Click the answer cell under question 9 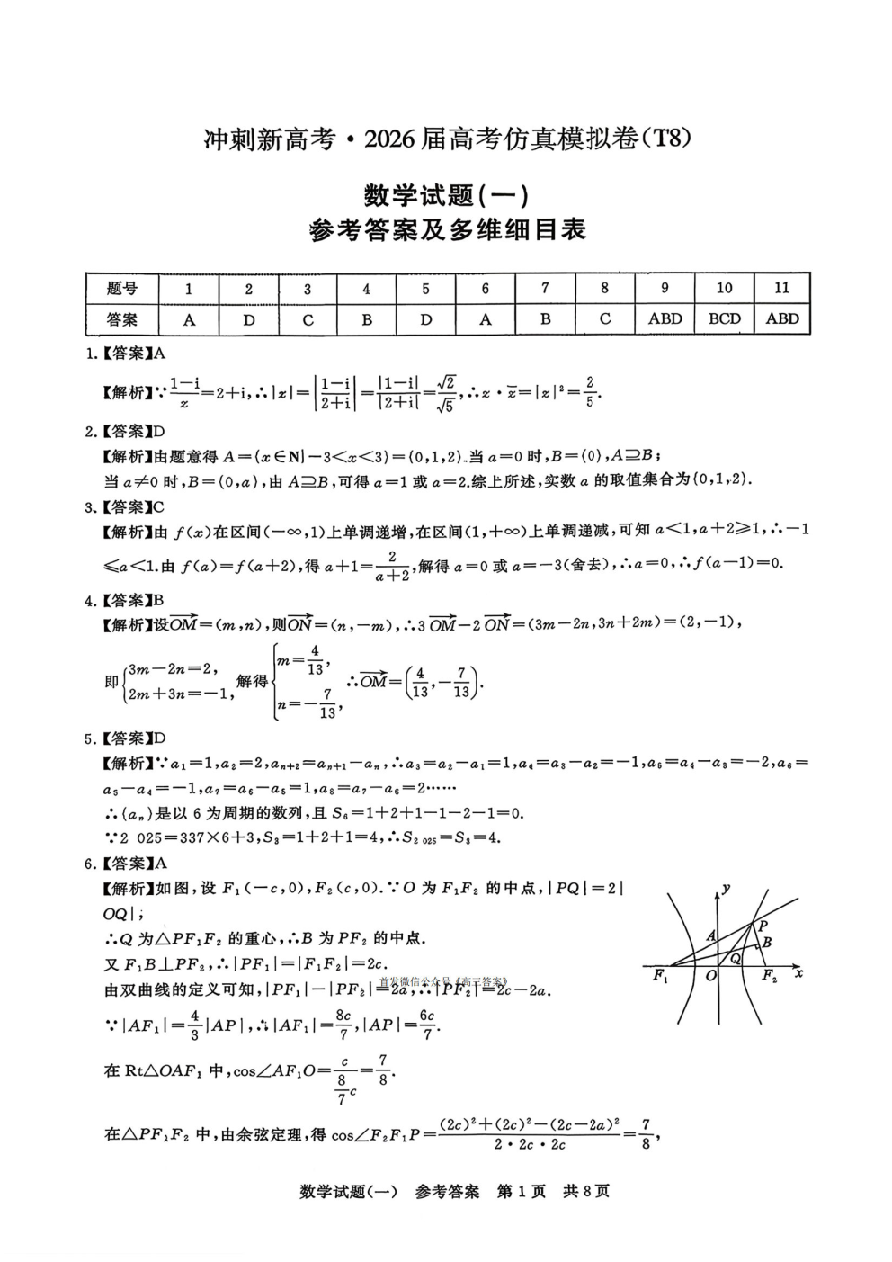pyautogui.click(x=665, y=318)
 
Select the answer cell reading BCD pyautogui.click(x=724, y=318)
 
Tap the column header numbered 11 pyautogui.click(x=781, y=288)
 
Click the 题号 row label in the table pyautogui.click(x=122, y=289)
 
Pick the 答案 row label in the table pyautogui.click(x=122, y=319)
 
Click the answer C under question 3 pyautogui.click(x=308, y=319)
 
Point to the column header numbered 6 pyautogui.click(x=486, y=289)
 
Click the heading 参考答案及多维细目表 pyautogui.click(x=447, y=230)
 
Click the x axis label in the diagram pyautogui.click(x=798, y=973)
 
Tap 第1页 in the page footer pyautogui.click(x=522, y=1191)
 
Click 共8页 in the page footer pyautogui.click(x=586, y=1191)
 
